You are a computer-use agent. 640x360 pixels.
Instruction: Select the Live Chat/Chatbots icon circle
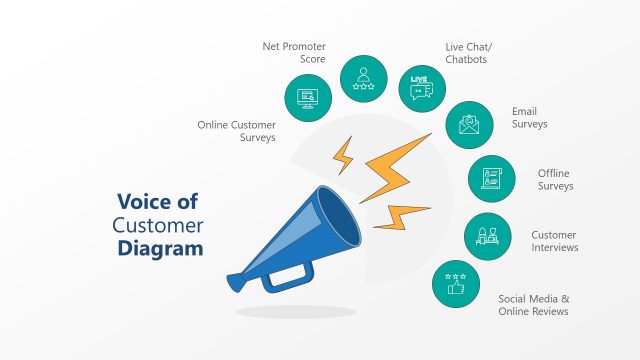pyautogui.click(x=420, y=87)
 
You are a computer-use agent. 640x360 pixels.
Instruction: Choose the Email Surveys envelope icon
pyautogui.click(x=468, y=125)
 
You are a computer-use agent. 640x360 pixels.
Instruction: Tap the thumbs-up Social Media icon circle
pyautogui.click(x=455, y=284)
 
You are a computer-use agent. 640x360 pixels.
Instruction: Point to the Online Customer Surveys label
pyautogui.click(x=236, y=131)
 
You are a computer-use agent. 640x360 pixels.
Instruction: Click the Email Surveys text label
pyautogui.click(x=530, y=117)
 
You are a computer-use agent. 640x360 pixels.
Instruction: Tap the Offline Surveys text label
pyautogui.click(x=555, y=179)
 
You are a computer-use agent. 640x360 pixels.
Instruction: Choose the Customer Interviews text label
pyautogui.click(x=554, y=241)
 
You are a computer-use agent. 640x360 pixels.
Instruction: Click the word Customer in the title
pyautogui.click(x=158, y=224)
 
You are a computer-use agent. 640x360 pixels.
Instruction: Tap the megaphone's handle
pyautogui.click(x=290, y=272)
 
